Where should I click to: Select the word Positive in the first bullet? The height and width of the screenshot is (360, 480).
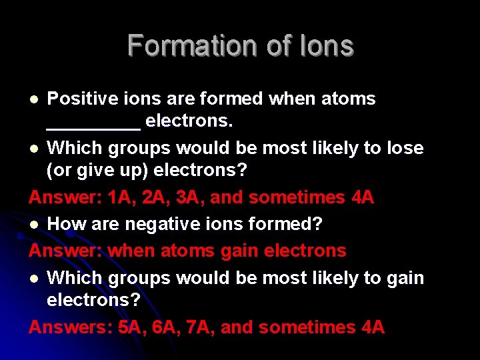[x=78, y=99]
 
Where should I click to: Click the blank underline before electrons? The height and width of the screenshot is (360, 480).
[x=93, y=127]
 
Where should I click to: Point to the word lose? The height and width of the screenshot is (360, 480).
[x=405, y=147]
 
